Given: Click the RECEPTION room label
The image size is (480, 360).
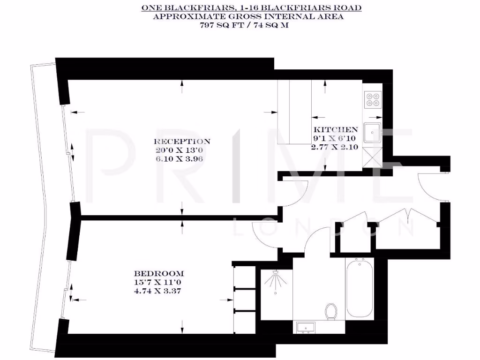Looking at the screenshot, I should coord(182,141).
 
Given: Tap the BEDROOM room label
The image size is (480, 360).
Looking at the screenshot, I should coord(159,274).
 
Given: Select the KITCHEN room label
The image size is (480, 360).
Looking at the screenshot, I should coord(336,129).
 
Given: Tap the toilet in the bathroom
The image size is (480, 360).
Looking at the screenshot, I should coord(331,311).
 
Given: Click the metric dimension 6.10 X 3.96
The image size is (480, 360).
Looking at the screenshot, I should coord(182,159).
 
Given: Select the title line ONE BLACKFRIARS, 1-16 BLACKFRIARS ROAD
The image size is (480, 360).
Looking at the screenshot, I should coord(252,8).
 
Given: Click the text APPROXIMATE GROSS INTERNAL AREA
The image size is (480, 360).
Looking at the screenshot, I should coord(248,17).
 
